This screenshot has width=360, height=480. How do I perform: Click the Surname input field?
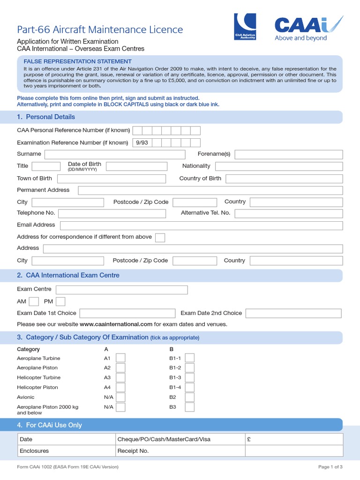[x=115, y=154]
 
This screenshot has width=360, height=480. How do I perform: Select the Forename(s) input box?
[x=288, y=154]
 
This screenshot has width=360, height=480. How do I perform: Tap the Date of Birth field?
[x=136, y=166]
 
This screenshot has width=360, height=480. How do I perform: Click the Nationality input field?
[x=279, y=166]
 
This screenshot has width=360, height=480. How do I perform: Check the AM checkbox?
[x=34, y=301]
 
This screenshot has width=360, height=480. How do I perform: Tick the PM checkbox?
[x=60, y=301]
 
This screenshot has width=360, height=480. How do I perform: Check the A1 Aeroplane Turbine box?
[x=120, y=358]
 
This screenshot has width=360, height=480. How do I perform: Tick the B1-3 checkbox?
[x=189, y=378]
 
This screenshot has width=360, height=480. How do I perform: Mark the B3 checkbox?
[x=189, y=407]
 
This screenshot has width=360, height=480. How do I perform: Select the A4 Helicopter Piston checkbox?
[x=120, y=388]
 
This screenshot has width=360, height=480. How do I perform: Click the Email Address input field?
[x=201, y=225]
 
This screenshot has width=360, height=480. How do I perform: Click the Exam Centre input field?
[x=122, y=290]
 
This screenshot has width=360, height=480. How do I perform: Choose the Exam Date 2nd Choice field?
[x=293, y=313]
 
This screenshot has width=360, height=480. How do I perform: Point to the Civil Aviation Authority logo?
[x=245, y=27]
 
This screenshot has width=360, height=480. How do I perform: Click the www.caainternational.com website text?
[x=116, y=324]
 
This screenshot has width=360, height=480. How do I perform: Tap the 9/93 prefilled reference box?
[x=142, y=142]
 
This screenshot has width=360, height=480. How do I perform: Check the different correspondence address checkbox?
[x=160, y=237]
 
